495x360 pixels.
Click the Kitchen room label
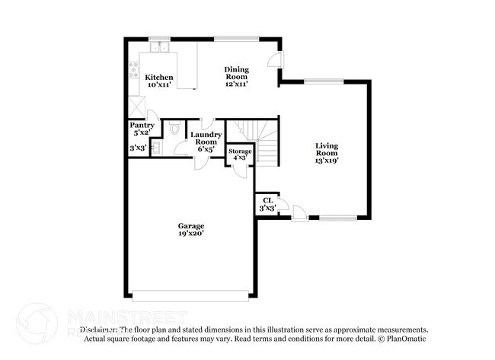(x=160, y=77)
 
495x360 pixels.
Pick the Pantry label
(x=142, y=125)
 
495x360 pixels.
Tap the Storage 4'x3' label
(x=240, y=151)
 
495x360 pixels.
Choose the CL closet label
(x=267, y=200)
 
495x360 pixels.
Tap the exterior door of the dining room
(x=281, y=65)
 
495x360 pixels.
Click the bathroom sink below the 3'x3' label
(x=155, y=148)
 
